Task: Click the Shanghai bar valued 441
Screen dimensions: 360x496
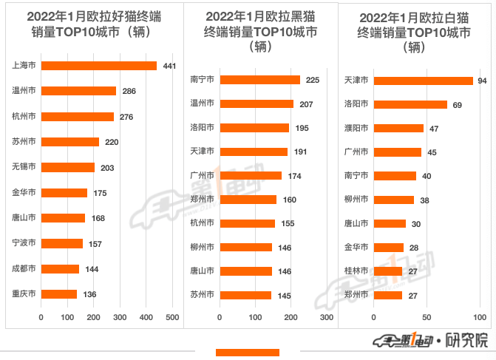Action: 99,66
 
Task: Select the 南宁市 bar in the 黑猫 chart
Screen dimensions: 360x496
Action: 260,80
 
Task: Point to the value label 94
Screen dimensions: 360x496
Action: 482,81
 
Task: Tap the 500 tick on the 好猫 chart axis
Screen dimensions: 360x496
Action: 173,317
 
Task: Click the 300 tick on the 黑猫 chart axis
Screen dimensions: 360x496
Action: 326,317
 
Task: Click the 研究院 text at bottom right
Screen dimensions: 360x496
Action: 471,341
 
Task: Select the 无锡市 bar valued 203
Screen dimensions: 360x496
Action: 68,167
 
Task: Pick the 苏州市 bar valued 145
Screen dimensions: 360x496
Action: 246,295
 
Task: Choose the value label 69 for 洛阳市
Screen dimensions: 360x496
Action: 457,105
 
